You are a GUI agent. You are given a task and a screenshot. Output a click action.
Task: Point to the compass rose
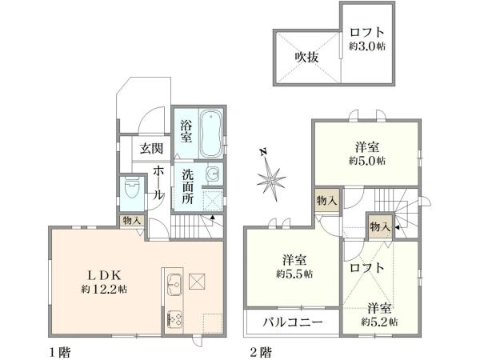[274, 177]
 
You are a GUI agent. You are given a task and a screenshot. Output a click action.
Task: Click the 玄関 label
[152, 149]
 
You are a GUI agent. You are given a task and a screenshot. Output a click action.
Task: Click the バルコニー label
[292, 323]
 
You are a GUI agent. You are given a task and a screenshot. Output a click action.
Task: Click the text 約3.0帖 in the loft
[368, 46]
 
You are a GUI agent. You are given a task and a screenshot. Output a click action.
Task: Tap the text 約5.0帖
[368, 160]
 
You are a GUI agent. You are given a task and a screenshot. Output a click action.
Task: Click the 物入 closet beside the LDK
[131, 220]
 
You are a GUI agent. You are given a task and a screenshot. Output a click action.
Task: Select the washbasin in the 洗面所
[212, 174]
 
